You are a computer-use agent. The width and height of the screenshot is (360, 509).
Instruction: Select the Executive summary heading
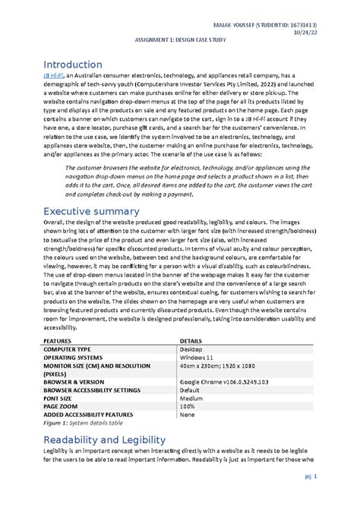pyautogui.click(x=90, y=210)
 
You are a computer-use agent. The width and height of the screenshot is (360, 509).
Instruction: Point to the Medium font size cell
pyautogui.click(x=191, y=398)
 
